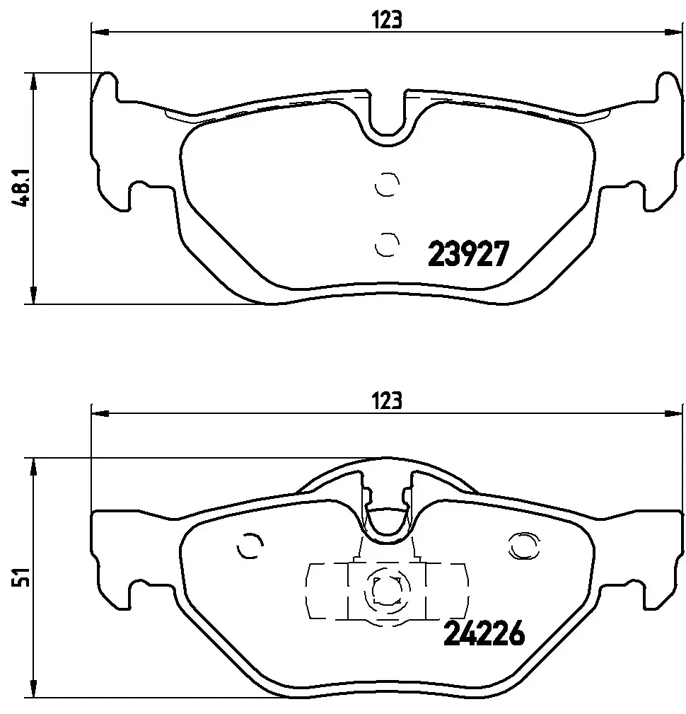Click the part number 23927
(468, 253)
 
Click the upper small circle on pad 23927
(386, 185)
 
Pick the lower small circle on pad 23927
(386, 244)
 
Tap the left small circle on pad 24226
(250, 546)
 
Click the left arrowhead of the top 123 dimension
(99, 31)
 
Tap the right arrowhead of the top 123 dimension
(675, 31)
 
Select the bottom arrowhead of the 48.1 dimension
(32, 296)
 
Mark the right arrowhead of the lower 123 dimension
(675, 413)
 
